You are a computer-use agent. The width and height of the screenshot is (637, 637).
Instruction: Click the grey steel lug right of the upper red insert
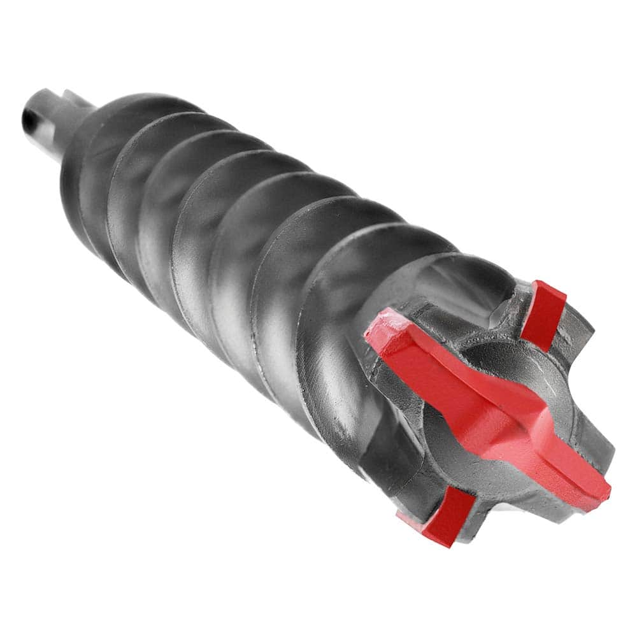click(576, 331)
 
